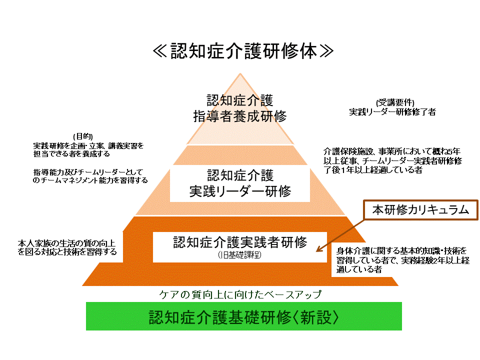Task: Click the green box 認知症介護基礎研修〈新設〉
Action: [244, 317]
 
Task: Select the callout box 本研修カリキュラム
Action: [420, 210]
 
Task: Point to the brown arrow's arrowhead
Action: [318, 248]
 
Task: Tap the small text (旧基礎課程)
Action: [239, 255]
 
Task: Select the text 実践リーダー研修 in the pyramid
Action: [240, 191]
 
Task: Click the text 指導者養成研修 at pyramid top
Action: [240, 116]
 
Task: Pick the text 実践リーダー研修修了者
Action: [392, 112]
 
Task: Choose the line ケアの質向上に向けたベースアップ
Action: [239, 294]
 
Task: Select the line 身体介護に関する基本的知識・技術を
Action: [401, 250]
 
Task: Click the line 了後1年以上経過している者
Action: [373, 170]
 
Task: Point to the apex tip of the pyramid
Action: [240, 74]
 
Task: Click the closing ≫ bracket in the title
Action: [324, 51]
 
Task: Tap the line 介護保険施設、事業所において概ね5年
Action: [392, 151]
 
